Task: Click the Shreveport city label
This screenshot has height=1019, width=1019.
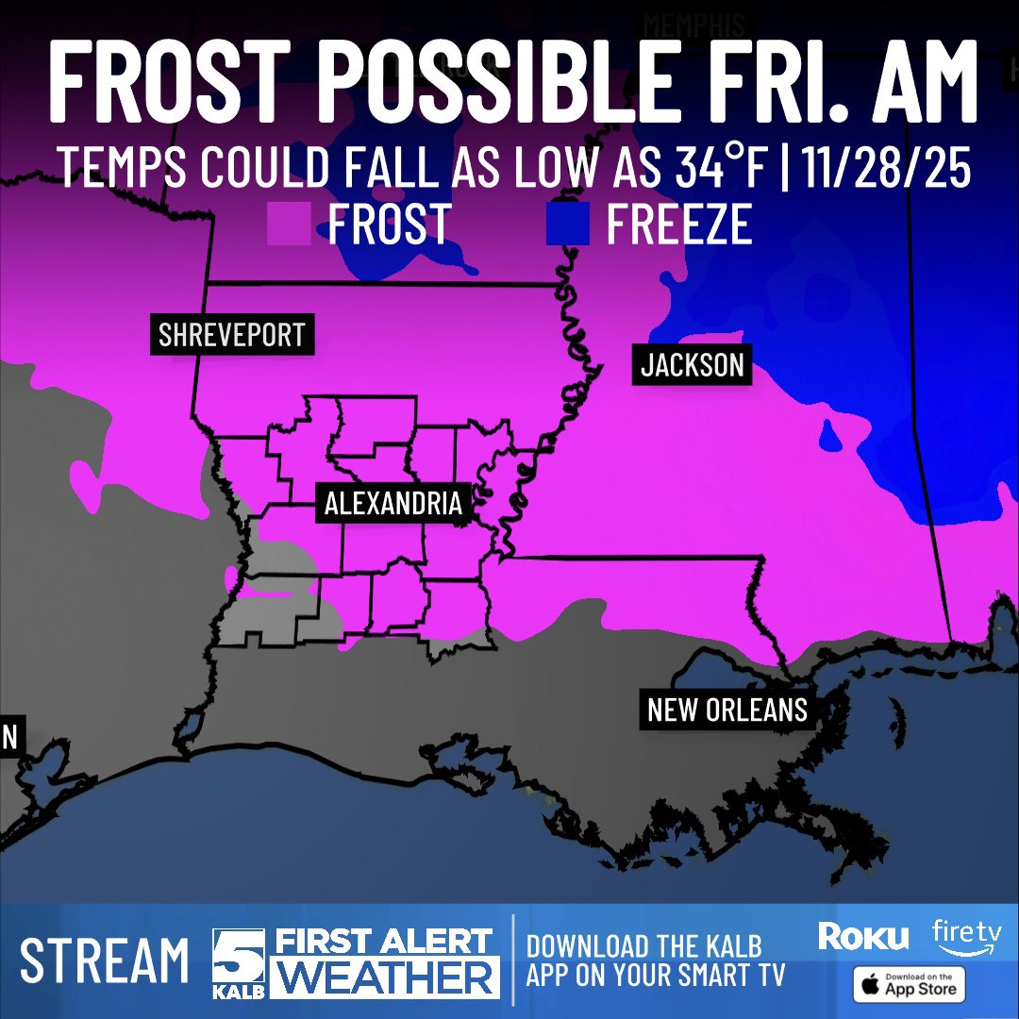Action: click(x=231, y=335)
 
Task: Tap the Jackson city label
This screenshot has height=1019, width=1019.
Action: click(x=693, y=364)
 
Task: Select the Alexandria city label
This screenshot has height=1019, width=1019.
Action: click(x=393, y=503)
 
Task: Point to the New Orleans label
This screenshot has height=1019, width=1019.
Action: click(x=727, y=709)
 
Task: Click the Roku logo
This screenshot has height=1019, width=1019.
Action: click(x=863, y=936)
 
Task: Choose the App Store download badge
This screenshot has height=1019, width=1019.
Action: click(x=910, y=984)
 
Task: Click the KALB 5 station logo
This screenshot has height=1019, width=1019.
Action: click(x=236, y=962)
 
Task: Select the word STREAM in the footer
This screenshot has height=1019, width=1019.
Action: click(x=105, y=961)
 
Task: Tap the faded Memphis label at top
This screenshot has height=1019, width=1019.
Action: click(x=693, y=25)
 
